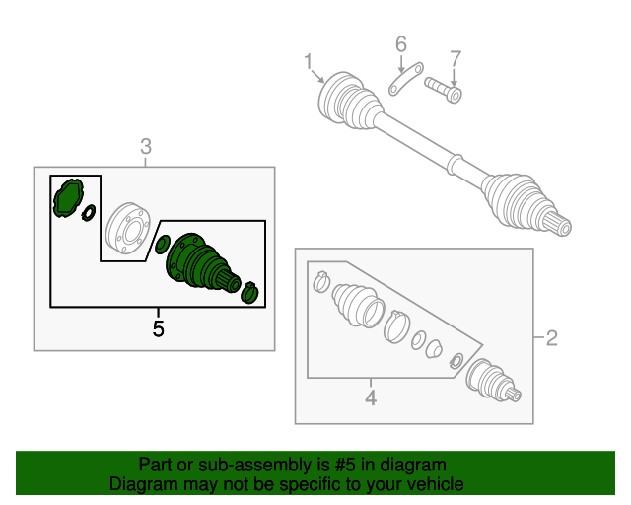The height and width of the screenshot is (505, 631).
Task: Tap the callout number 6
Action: pyautogui.click(x=401, y=43)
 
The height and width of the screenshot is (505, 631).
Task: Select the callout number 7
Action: pyautogui.click(x=455, y=57)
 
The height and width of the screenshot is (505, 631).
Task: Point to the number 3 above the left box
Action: pyautogui.click(x=146, y=147)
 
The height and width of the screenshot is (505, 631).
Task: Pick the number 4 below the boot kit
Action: pyautogui.click(x=371, y=398)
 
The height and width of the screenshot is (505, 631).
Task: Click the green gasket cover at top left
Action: pyautogui.click(x=68, y=196)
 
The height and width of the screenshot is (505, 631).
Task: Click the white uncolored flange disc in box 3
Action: pyautogui.click(x=125, y=230)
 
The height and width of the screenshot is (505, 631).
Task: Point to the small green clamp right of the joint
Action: pyautogui.click(x=250, y=292)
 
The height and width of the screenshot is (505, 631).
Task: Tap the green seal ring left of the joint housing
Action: pyautogui.click(x=163, y=245)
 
